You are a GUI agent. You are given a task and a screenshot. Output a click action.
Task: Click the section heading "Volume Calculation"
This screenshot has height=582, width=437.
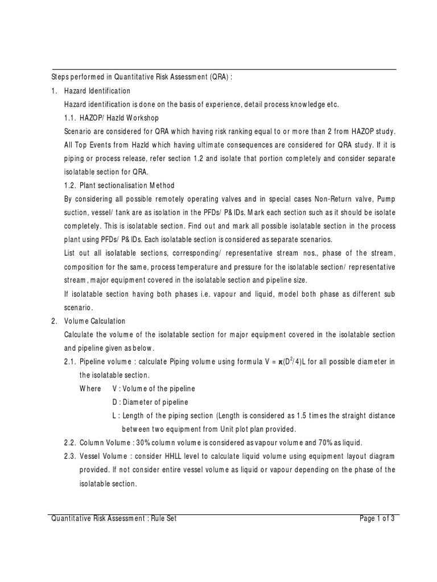tap(95, 321)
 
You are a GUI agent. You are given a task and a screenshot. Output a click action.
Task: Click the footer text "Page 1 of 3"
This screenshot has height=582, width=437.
tap(377, 518)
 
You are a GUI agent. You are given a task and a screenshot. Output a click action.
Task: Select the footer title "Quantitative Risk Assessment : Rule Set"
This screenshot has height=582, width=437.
tap(114, 518)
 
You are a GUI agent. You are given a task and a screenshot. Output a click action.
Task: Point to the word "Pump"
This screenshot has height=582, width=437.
tap(386, 199)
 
